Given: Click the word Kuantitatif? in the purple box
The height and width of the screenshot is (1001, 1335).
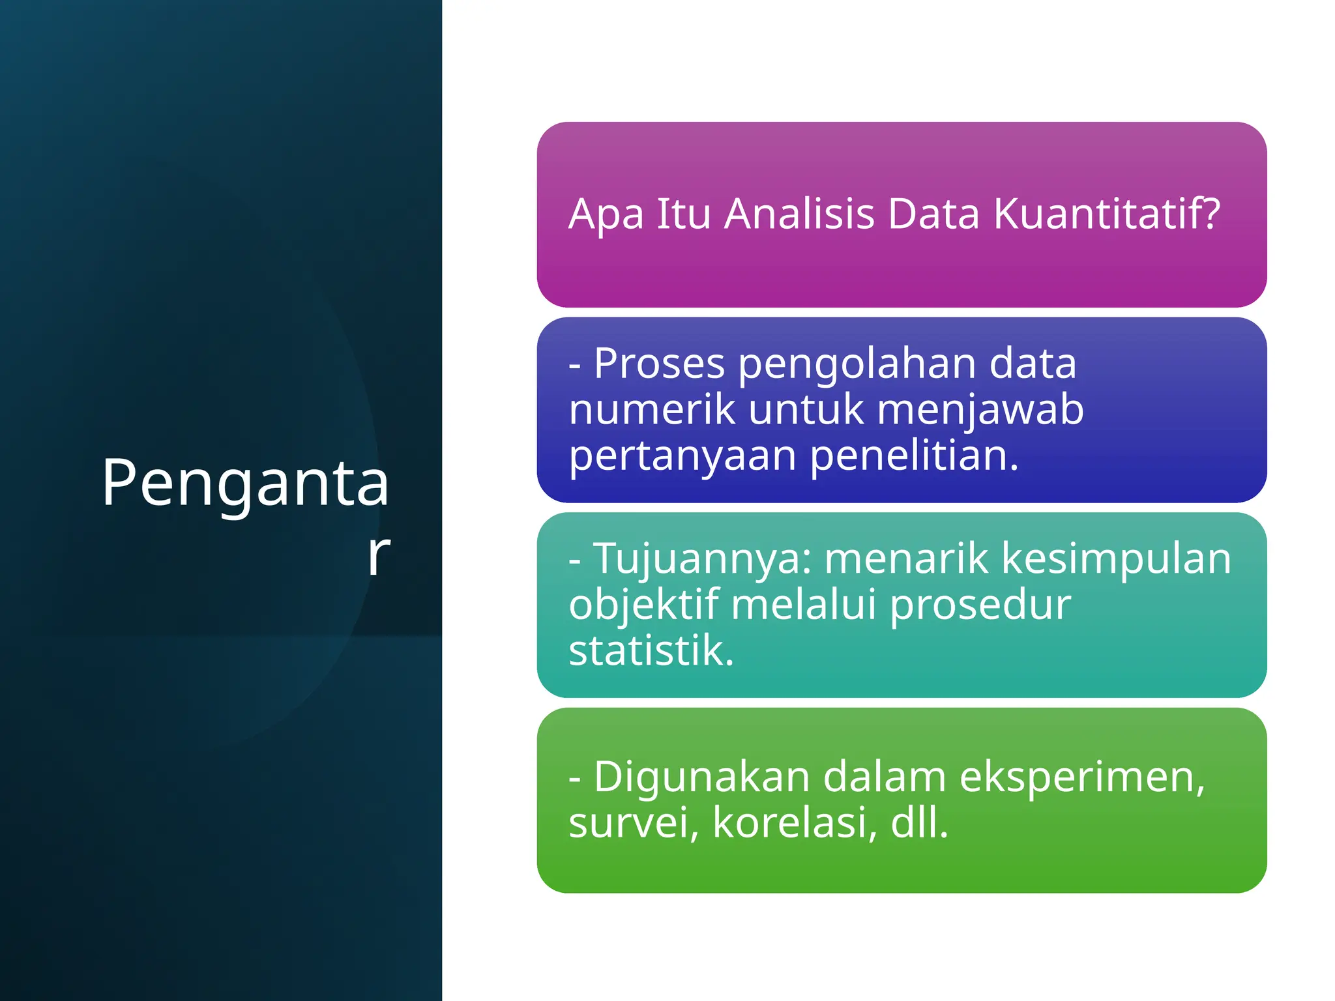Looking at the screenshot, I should coord(1106,214).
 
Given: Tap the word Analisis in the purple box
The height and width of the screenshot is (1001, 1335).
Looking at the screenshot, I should coord(799,214).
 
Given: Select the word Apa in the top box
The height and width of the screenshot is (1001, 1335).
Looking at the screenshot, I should coord(606,215).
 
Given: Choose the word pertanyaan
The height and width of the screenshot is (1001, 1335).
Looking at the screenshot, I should coord(682,456).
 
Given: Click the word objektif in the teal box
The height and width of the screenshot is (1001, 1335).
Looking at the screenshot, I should coord(643,605).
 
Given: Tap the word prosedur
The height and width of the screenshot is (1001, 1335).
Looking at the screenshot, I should coord(980,605).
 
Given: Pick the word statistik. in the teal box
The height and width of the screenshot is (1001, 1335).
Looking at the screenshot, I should coord(651,650).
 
